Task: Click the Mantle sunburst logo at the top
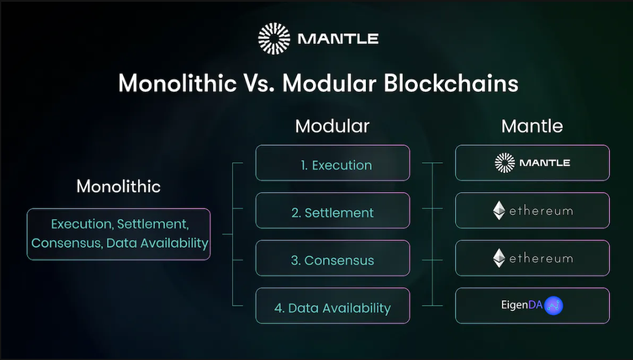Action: pyautogui.click(x=274, y=39)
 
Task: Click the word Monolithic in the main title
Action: pyautogui.click(x=177, y=83)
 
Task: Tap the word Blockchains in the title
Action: pyautogui.click(x=450, y=83)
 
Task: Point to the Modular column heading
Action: pyautogui.click(x=332, y=126)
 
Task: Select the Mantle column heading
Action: pyautogui.click(x=532, y=126)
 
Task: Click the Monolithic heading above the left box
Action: pyautogui.click(x=119, y=186)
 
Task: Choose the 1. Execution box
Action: pyautogui.click(x=332, y=163)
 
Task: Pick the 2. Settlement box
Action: pyautogui.click(x=332, y=210)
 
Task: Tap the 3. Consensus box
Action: pyautogui.click(x=332, y=258)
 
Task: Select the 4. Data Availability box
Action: pyautogui.click(x=332, y=305)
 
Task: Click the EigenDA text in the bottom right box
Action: pyautogui.click(x=521, y=305)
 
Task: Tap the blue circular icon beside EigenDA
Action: pyautogui.click(x=554, y=305)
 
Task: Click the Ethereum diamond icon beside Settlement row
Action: pyautogui.click(x=499, y=210)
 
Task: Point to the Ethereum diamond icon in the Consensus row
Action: pyautogui.click(x=499, y=258)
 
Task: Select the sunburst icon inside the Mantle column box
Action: pyautogui.click(x=504, y=163)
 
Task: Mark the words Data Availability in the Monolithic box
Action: pyautogui.click(x=157, y=243)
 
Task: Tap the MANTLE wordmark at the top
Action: pyautogui.click(x=338, y=39)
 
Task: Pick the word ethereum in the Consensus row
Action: pyautogui.click(x=541, y=258)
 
